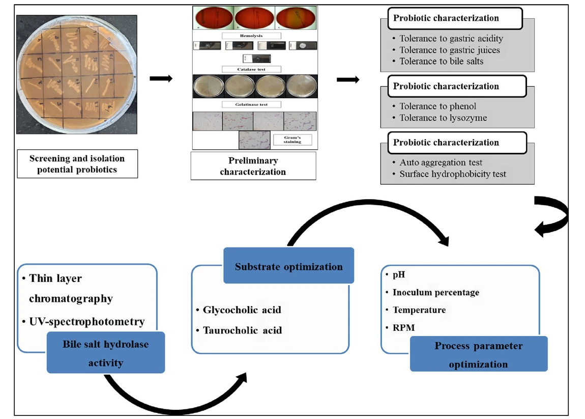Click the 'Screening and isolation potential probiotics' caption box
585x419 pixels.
click(x=77, y=163)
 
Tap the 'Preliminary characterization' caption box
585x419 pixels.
click(x=253, y=166)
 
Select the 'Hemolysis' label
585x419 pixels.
click(x=252, y=36)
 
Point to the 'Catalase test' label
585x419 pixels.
click(x=252, y=69)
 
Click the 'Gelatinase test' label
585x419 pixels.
click(x=252, y=104)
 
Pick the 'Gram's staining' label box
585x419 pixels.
click(x=292, y=139)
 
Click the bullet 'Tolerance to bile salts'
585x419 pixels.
click(x=441, y=61)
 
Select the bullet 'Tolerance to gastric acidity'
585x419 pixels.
click(x=451, y=39)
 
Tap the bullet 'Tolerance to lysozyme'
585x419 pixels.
click(x=443, y=118)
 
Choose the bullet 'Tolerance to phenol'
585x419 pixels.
click(x=437, y=106)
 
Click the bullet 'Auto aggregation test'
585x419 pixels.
click(x=441, y=163)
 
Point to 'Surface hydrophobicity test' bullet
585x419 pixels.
click(x=453, y=174)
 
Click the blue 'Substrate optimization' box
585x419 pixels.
click(x=288, y=266)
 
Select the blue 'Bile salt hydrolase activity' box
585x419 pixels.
click(x=106, y=352)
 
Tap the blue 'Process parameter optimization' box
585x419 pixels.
click(x=478, y=354)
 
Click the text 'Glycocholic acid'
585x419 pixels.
click(x=242, y=310)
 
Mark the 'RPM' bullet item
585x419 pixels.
click(x=403, y=327)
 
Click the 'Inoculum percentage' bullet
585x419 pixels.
click(x=435, y=292)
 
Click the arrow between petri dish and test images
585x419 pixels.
click(x=161, y=78)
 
